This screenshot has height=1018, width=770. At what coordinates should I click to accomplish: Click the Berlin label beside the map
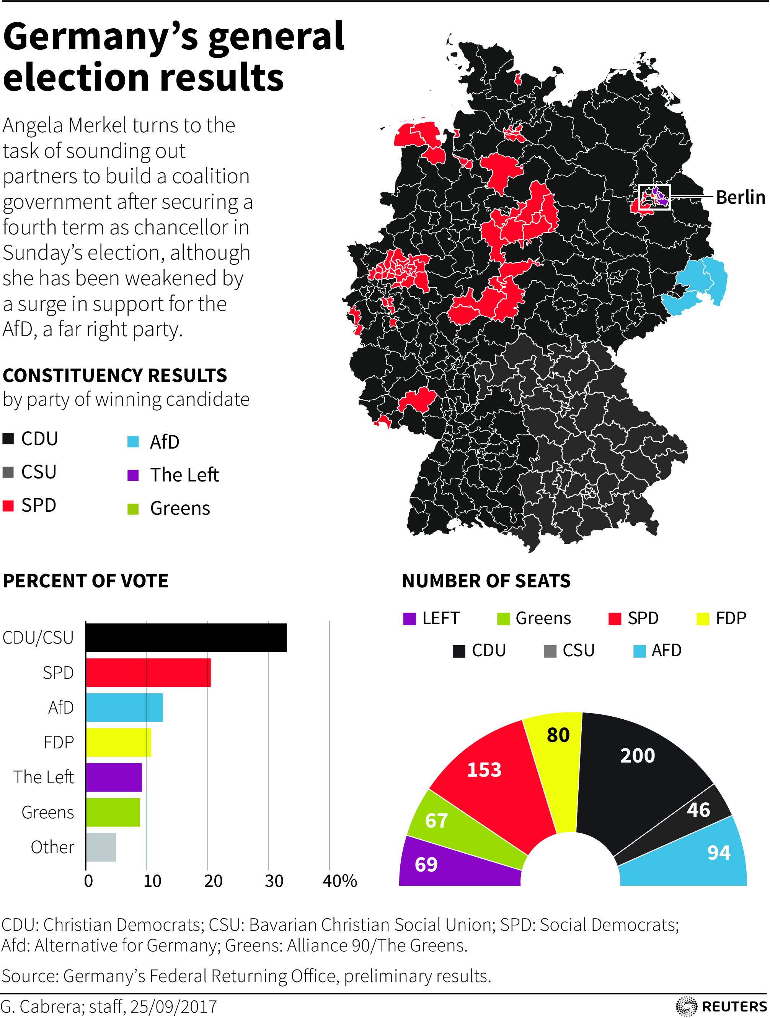[x=740, y=197]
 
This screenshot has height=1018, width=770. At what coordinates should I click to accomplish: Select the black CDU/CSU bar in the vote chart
[x=186, y=637]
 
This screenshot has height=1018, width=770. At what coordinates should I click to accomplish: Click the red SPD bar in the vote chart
[x=148, y=672]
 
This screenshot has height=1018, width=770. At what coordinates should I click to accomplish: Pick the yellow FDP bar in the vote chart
[x=118, y=742]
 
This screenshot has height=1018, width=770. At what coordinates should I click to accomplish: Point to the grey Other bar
[x=101, y=847]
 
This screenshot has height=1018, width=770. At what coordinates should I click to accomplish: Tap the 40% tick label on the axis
[x=339, y=881]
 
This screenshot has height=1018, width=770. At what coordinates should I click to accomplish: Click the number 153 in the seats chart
[x=484, y=769]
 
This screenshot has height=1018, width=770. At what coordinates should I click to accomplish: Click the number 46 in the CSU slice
[x=698, y=810]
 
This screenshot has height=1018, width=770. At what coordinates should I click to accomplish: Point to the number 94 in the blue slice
[x=718, y=853]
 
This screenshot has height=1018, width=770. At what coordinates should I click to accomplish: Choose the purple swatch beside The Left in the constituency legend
[x=133, y=475]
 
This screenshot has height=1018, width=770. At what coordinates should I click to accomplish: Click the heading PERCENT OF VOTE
[x=86, y=581]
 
